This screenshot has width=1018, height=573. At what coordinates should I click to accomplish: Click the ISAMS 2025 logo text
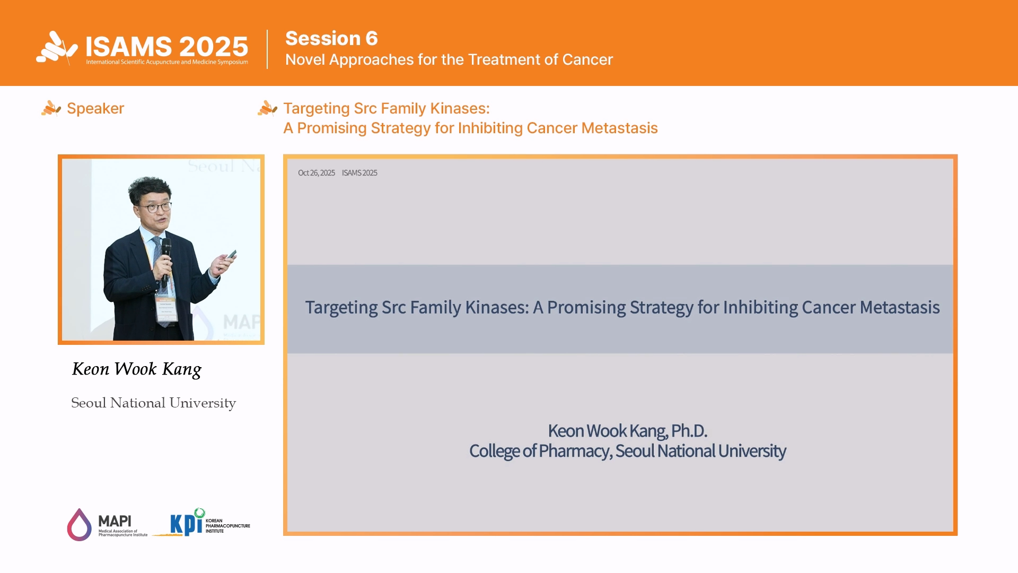tap(167, 47)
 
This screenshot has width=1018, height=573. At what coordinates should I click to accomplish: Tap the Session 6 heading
tap(331, 38)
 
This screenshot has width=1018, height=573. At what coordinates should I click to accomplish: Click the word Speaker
tap(95, 108)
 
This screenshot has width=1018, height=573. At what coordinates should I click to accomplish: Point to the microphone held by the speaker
tap(166, 255)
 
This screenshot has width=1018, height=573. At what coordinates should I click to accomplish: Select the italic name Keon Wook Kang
tap(137, 369)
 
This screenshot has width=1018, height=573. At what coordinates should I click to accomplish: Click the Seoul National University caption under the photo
tap(154, 403)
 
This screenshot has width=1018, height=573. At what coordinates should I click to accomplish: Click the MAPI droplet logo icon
tap(79, 525)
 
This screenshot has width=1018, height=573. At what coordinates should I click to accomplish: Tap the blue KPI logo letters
tap(186, 524)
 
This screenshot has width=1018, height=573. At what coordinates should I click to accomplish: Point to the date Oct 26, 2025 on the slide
tap(317, 173)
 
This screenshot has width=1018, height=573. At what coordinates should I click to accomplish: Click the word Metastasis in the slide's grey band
tap(900, 307)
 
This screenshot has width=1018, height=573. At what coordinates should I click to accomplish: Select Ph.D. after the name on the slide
tap(689, 431)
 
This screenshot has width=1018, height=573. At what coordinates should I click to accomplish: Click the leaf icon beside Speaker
tap(51, 108)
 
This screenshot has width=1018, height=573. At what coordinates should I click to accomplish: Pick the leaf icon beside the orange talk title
tap(267, 108)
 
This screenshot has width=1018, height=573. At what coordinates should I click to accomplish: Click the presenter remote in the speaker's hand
tap(231, 255)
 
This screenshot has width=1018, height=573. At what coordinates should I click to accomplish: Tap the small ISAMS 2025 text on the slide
tap(359, 173)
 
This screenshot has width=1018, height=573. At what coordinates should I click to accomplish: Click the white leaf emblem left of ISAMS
tap(57, 48)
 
